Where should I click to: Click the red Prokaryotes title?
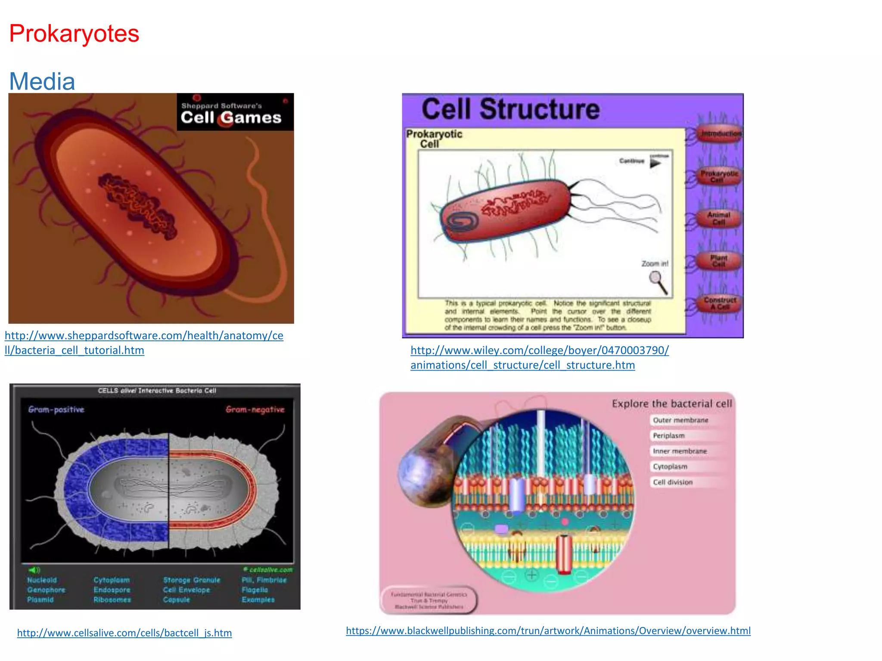tap(74, 34)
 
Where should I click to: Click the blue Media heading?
tap(42, 81)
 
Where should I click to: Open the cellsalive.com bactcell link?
tap(124, 633)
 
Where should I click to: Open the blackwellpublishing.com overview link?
tap(548, 630)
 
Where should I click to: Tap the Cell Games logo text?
tap(231, 117)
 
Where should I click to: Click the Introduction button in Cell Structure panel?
tap(721, 134)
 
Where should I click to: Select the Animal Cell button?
tap(718, 218)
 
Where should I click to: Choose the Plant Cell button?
tap(718, 260)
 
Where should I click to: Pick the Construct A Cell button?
tap(720, 303)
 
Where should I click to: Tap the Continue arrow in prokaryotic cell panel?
tap(655, 163)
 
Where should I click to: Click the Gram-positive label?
tap(56, 409)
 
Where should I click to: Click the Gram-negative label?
tap(255, 409)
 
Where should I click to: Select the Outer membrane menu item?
tap(680, 420)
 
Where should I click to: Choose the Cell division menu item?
tap(673, 482)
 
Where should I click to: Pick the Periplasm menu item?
tap(668, 436)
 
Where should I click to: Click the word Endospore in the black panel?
tap(112, 590)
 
